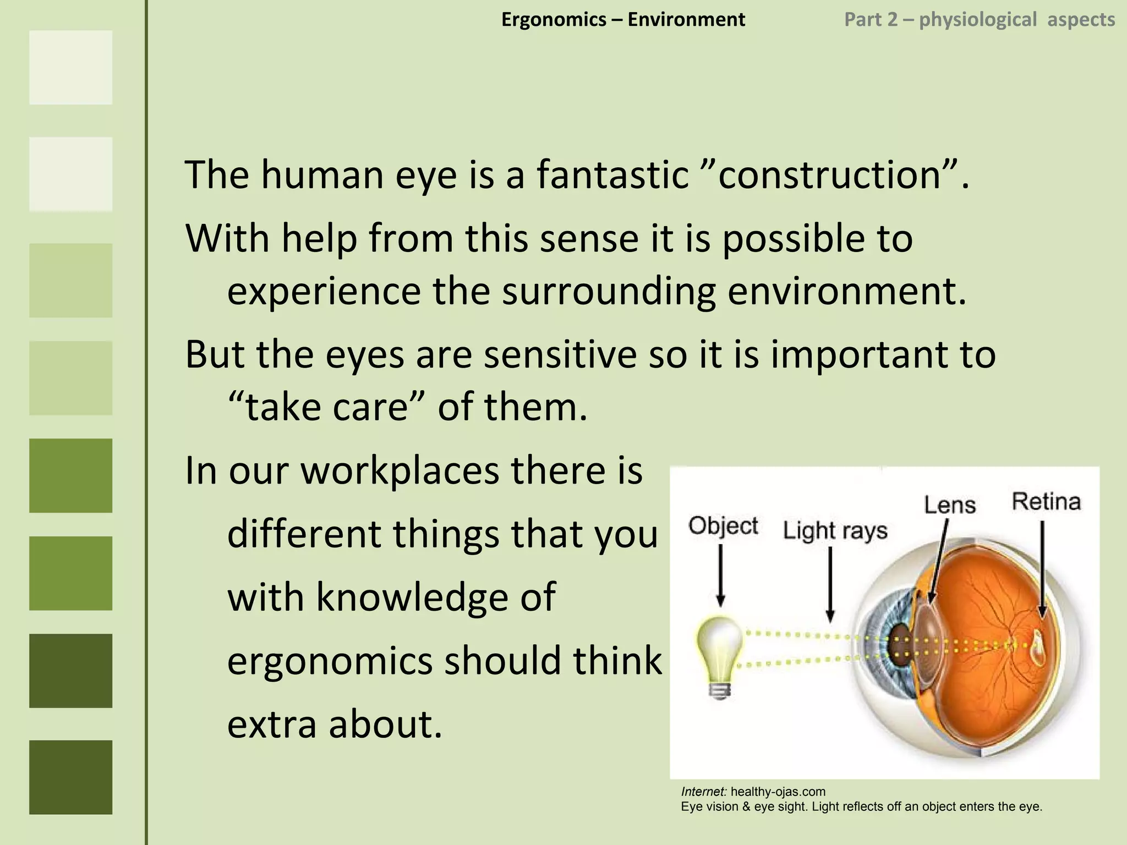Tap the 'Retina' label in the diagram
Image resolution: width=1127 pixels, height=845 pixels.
click(1046, 502)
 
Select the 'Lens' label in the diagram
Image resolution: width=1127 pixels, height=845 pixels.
click(949, 504)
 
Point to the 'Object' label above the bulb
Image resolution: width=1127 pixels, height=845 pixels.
click(723, 526)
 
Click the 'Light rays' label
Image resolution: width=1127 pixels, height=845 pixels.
click(835, 531)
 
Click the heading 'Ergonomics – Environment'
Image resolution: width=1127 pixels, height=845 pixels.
click(623, 20)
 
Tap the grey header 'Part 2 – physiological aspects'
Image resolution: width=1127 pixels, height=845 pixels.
click(980, 20)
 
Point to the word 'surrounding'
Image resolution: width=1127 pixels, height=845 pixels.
click(609, 291)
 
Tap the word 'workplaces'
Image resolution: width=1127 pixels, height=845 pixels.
click(399, 471)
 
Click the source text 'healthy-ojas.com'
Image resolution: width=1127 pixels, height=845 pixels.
click(778, 792)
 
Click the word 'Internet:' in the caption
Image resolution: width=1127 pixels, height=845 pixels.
click(704, 792)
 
